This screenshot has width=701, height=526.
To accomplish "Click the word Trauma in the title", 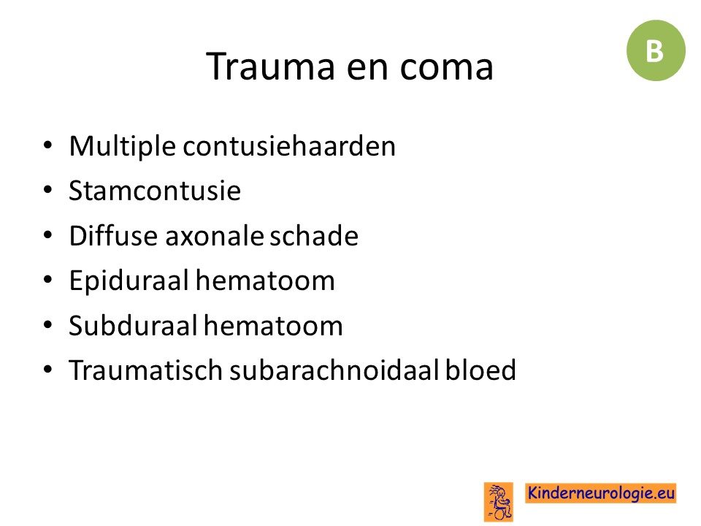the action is [x=270, y=66].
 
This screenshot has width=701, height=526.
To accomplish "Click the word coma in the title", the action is [x=446, y=69].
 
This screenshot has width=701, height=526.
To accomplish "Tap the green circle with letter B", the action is [x=656, y=50].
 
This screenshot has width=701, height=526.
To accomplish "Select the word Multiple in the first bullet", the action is [x=122, y=146].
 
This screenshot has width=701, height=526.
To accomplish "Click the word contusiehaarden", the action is [x=289, y=146].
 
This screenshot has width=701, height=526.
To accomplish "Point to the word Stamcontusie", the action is [x=155, y=191].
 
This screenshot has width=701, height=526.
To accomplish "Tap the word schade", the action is [x=314, y=235].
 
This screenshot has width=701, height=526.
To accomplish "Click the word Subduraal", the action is [x=133, y=325].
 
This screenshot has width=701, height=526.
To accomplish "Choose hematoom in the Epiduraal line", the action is [x=265, y=281].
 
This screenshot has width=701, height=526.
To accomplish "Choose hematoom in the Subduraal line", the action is [x=274, y=325].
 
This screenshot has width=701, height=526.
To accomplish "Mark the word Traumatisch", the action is [x=145, y=370].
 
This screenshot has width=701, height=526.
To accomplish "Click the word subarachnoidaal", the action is [x=334, y=370].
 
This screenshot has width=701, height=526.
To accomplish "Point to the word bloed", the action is [x=480, y=370].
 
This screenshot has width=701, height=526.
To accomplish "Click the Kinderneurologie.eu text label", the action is [x=600, y=493].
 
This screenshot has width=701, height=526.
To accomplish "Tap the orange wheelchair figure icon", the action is [x=498, y=502].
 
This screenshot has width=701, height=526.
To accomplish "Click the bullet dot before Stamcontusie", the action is [x=48, y=191].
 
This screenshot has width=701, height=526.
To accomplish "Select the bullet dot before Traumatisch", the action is [x=48, y=370].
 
